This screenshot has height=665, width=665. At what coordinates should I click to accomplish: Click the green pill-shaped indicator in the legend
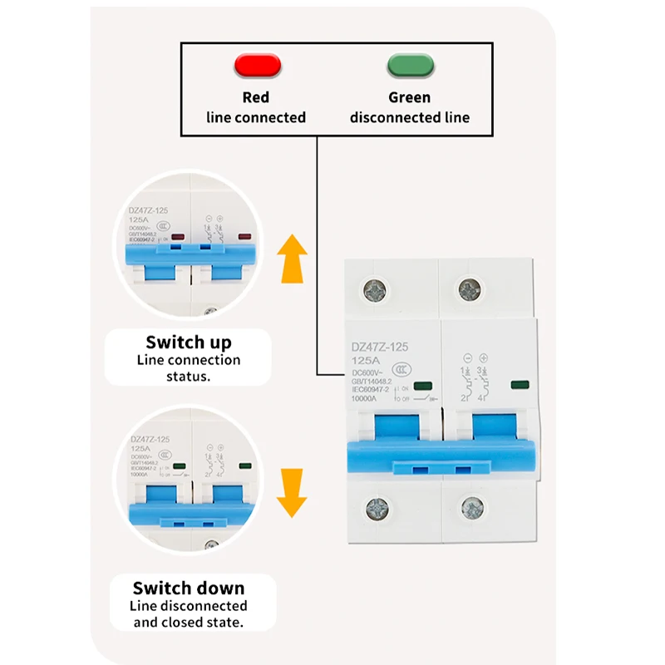tap(409, 65)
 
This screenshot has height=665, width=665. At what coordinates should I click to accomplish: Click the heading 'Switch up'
tap(189, 342)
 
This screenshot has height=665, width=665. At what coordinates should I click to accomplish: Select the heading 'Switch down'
tap(189, 589)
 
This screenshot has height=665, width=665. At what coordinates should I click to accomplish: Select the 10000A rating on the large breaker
tap(363, 400)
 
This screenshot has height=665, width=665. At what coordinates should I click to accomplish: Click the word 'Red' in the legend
tap(256, 97)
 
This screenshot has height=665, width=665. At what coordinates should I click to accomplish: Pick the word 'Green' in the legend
tap(409, 97)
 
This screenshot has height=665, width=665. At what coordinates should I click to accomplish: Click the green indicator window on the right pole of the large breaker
tap(520, 385)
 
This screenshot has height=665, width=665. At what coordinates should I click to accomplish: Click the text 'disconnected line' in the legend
tap(409, 117)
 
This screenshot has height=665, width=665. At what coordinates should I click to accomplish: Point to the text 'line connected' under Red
tap(256, 117)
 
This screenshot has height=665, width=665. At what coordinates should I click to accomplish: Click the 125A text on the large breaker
tap(364, 362)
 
